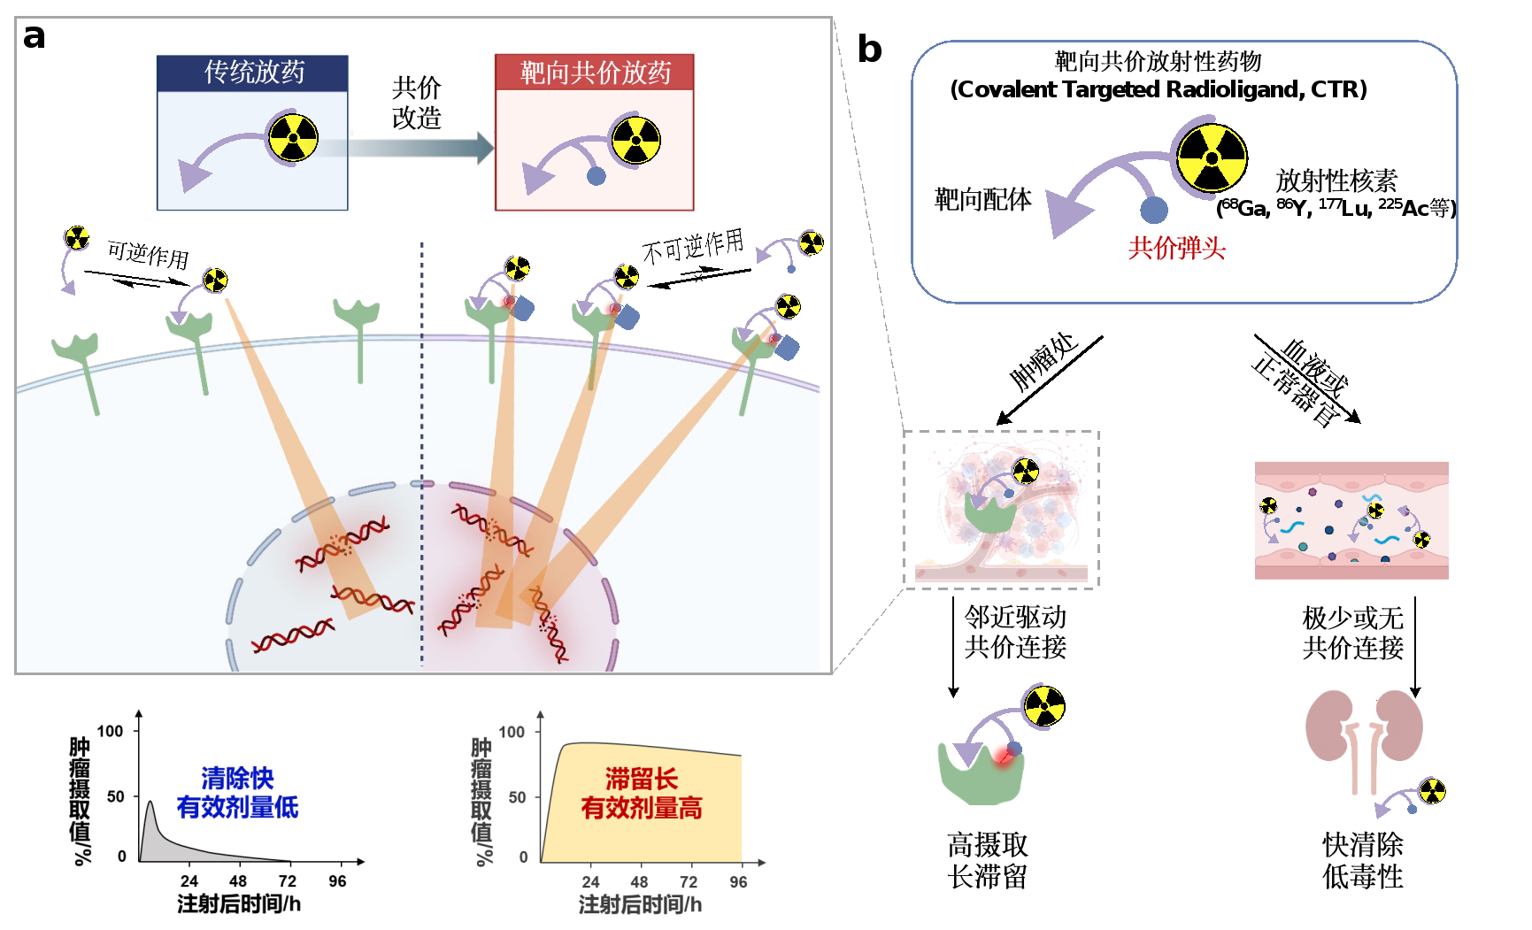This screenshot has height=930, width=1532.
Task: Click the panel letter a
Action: (x=34, y=37)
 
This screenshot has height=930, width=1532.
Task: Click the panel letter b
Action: (x=869, y=50)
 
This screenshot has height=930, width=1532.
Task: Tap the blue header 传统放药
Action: (x=253, y=73)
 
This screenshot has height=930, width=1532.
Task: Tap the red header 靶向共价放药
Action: (x=595, y=73)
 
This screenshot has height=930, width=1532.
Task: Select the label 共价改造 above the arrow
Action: (x=416, y=103)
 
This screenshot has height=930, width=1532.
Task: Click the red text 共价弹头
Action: (x=1176, y=249)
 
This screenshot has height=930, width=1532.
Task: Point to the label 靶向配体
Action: (x=982, y=200)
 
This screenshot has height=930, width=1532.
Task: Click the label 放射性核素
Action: (x=1336, y=181)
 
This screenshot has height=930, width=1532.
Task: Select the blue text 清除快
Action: (x=237, y=779)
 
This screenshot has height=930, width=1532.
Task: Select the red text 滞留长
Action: (x=641, y=780)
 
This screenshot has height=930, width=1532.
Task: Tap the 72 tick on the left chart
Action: (x=288, y=881)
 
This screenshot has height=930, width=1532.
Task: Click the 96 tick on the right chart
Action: (x=738, y=882)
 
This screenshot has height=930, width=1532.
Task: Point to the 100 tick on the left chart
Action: (x=110, y=731)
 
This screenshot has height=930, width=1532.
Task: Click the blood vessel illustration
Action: (x=1351, y=520)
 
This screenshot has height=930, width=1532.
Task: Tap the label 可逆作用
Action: (x=148, y=255)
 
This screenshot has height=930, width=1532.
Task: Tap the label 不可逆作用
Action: (x=693, y=247)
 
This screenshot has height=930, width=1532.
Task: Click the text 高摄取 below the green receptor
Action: (x=988, y=845)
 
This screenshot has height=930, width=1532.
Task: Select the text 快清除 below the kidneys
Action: (x=1363, y=845)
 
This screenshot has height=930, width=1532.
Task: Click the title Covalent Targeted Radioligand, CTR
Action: (x=1158, y=90)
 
